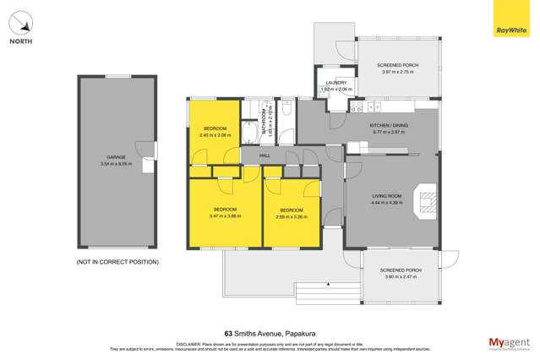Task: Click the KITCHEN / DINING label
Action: [389, 126]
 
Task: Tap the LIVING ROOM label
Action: [389, 198]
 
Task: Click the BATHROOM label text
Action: [264, 127]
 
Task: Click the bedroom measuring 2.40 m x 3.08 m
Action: [215, 133]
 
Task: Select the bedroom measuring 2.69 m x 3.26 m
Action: [292, 213]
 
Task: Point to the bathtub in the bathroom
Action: [250, 134]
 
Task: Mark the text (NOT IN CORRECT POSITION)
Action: [117, 262]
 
